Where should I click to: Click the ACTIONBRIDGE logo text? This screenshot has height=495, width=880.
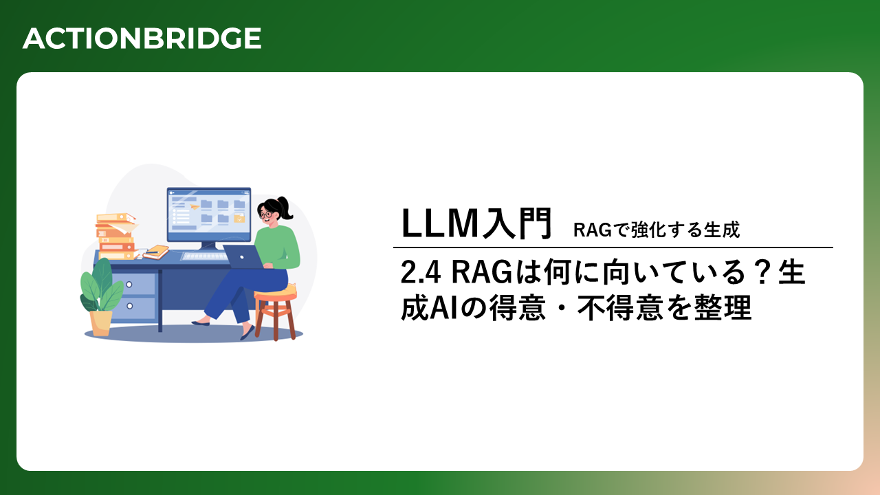142,38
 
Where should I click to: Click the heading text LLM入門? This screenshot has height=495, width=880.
476,223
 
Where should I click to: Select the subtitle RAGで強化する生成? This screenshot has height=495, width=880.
657,230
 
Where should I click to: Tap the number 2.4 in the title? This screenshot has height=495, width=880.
420,272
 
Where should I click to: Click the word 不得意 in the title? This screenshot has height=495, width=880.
620,308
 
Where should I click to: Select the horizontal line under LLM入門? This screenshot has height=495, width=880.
613,247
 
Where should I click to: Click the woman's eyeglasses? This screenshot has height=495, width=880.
266,214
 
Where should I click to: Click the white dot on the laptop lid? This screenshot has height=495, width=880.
242,257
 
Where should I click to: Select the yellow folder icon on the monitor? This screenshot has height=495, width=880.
239,219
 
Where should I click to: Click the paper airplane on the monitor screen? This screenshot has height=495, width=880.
194,206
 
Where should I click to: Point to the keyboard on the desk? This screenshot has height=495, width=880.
204,256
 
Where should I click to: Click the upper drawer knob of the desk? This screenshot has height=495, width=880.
129,284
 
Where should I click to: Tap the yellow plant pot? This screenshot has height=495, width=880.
100,323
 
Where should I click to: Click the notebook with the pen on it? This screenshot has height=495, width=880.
156,252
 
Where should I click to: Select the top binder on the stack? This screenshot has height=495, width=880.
116,217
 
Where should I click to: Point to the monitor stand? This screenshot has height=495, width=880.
208,246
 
